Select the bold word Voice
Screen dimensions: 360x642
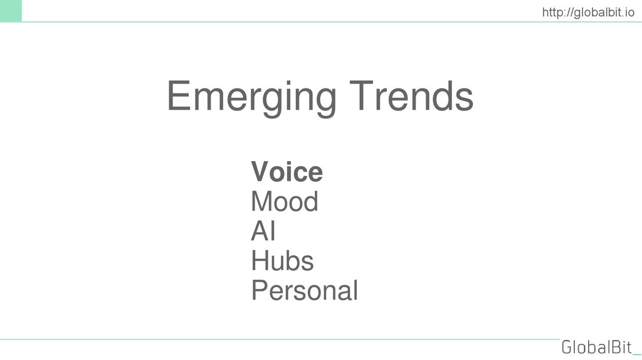pos(287,172)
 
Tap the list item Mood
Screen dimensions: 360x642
pos(284,202)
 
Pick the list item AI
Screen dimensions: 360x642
pos(263,231)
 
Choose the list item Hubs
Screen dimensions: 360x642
pos(282,261)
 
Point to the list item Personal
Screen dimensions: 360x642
pos(304,291)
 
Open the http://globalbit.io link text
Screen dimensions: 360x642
pos(587,11)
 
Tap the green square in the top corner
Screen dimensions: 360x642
pos(11,11)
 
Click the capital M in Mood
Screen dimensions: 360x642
pos(263,202)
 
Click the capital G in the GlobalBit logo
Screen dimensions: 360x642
pos(567,347)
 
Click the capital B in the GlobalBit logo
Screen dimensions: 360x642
pos(614,347)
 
